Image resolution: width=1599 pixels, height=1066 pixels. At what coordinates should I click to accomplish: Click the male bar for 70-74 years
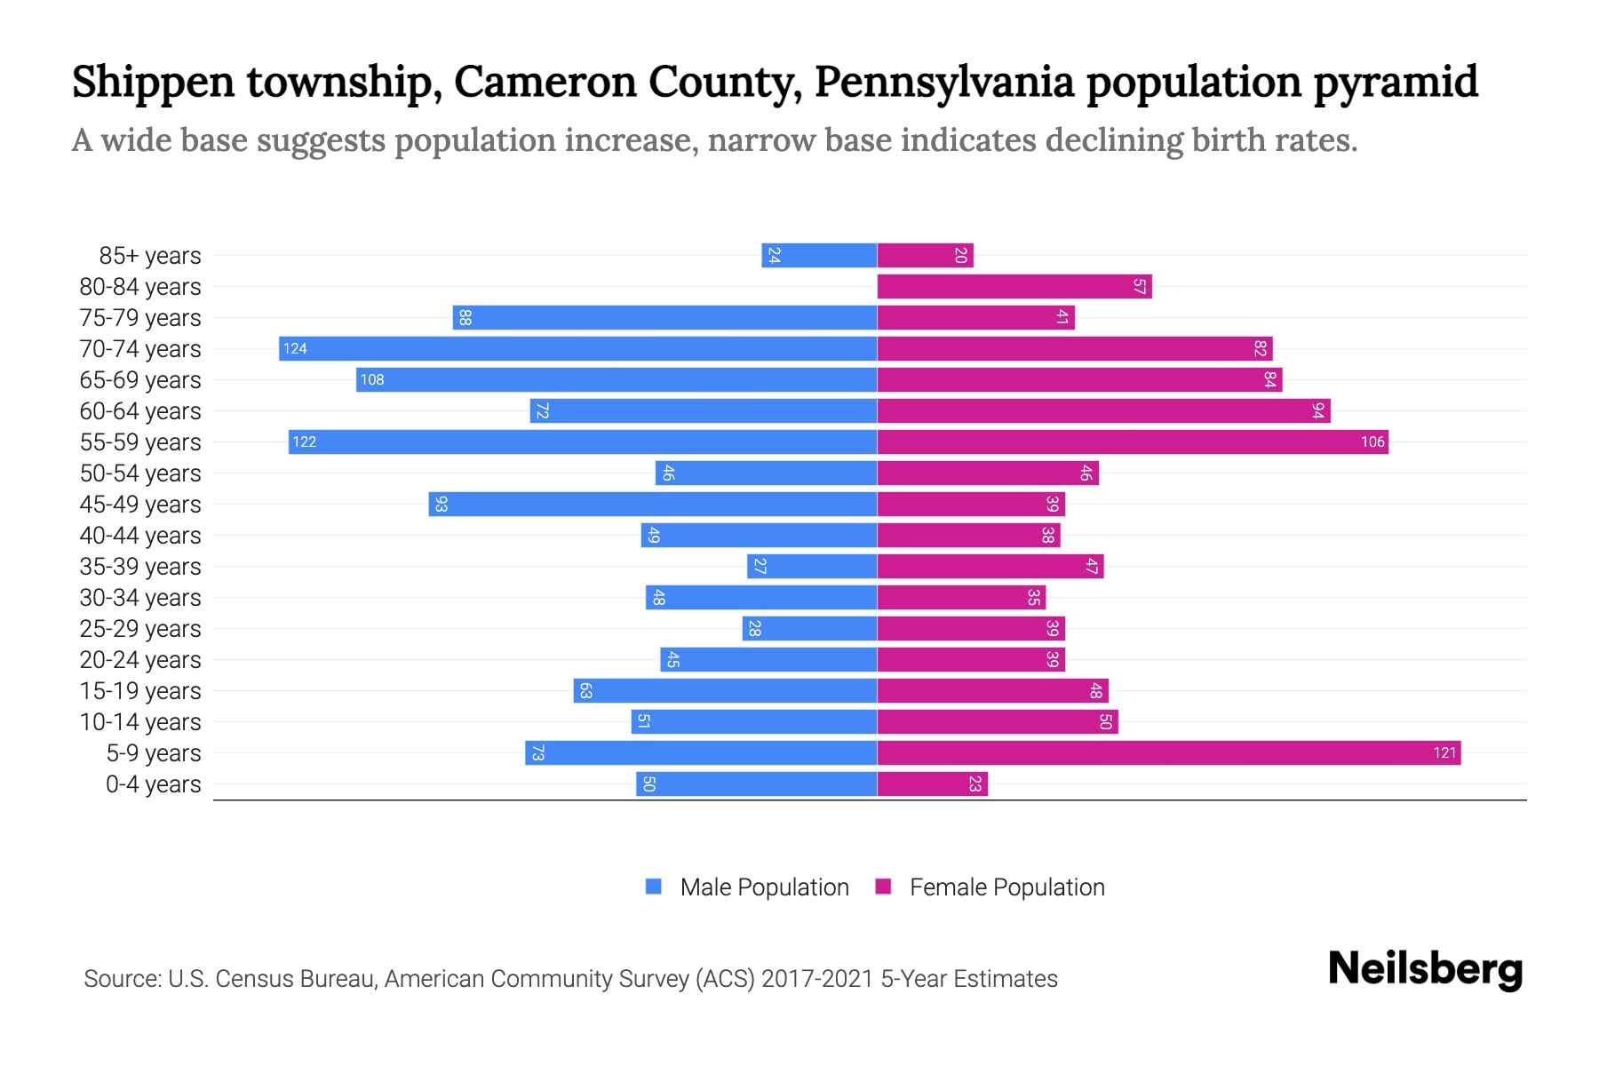[x=577, y=348]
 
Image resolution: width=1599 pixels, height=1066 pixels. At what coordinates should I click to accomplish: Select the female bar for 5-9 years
[x=1168, y=752]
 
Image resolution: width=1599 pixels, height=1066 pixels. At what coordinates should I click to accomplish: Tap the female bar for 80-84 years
[x=1014, y=286]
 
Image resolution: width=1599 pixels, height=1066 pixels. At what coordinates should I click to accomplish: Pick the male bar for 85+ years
[x=819, y=255]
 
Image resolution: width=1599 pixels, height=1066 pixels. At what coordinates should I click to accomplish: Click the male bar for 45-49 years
[x=653, y=504]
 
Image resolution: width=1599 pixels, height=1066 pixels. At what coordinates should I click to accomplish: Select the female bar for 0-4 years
[x=932, y=784]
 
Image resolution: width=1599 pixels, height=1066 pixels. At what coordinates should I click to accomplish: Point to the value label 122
[x=305, y=442]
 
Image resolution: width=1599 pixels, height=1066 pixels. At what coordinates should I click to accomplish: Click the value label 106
[x=1372, y=442]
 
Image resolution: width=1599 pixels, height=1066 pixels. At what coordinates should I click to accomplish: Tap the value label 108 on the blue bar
[x=372, y=379]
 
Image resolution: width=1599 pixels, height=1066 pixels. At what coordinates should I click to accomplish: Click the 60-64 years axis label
[x=140, y=411]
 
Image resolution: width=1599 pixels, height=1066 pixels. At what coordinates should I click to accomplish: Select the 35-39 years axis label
[x=140, y=567]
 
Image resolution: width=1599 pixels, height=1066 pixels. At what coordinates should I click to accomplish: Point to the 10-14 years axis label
[x=140, y=722]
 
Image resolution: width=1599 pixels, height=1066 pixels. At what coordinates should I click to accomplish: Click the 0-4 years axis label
[x=153, y=784]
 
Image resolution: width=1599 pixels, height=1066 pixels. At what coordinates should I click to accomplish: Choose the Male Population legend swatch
[x=654, y=887]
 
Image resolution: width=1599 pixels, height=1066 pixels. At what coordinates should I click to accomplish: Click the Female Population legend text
[x=1006, y=887]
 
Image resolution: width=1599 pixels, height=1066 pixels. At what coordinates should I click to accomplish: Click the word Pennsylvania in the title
[x=943, y=82]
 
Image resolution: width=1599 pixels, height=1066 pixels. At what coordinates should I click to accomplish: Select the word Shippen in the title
[x=153, y=82]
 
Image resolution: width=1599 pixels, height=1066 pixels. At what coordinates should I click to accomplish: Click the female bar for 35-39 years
[x=990, y=566]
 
